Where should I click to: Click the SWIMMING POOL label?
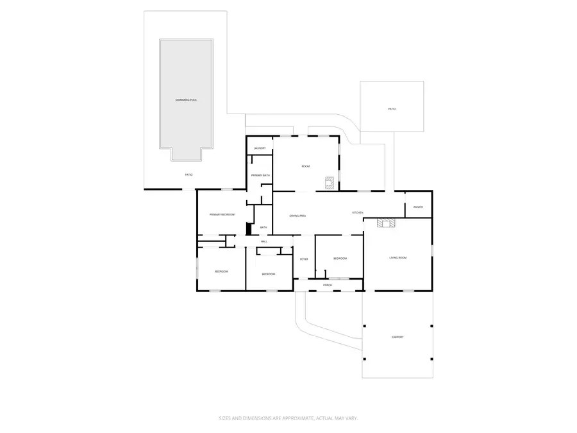[187, 101]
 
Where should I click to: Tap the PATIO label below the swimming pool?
[188, 174]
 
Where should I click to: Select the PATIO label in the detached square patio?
[392, 109]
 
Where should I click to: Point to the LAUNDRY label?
[260, 148]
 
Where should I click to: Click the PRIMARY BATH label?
[260, 175]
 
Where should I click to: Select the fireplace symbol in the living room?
[387, 223]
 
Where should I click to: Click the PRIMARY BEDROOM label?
[222, 214]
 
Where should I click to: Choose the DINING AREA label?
[297, 216]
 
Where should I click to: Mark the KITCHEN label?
[358, 212]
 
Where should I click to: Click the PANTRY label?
[418, 207]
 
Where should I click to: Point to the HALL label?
[263, 241]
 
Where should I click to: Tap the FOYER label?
[304, 259]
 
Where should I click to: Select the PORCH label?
[328, 285]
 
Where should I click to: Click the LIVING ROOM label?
[398, 258]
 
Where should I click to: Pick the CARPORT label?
[397, 337]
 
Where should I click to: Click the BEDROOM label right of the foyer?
[340, 259]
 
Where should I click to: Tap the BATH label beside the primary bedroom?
[263, 228]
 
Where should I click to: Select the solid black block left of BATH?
[248, 229]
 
